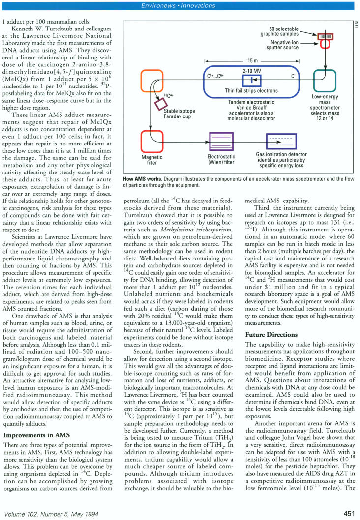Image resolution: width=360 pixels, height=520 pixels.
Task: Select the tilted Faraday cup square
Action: (161, 104)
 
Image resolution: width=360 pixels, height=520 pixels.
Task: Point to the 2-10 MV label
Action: (251, 71)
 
